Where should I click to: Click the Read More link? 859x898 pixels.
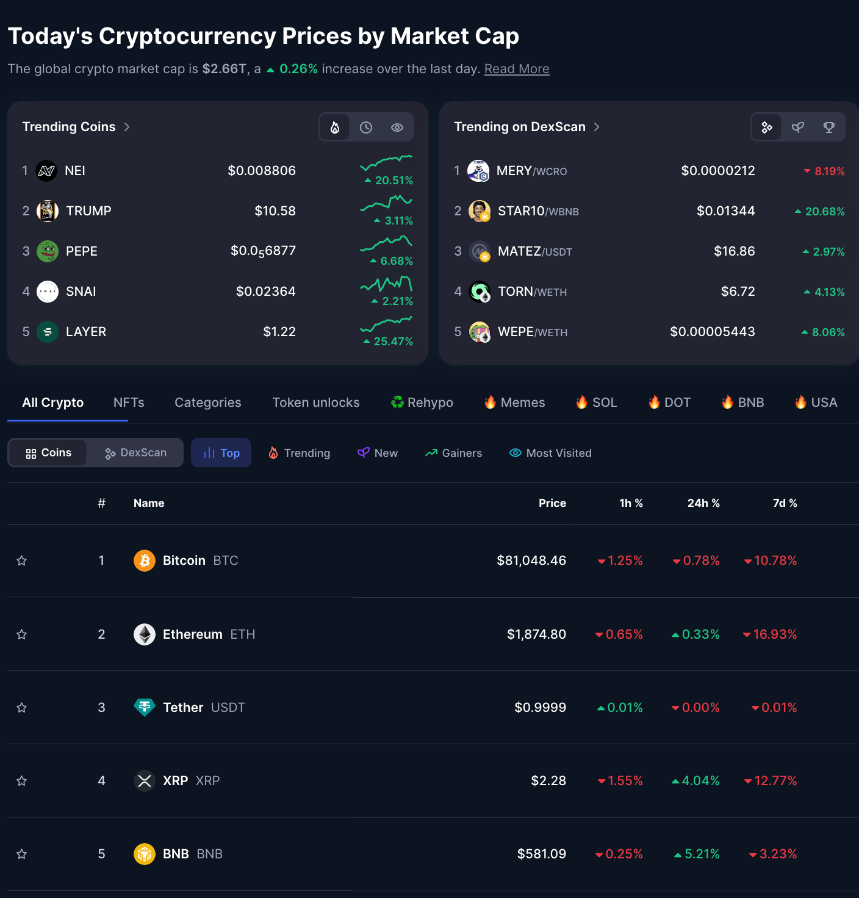[516, 69]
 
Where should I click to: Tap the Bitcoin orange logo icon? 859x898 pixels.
[145, 561]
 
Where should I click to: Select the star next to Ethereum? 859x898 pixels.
[22, 634]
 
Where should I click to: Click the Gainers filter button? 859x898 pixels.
[453, 453]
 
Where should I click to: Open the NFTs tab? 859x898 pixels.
[129, 403]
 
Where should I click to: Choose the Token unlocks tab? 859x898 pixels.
[315, 403]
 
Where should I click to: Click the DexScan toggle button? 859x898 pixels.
[135, 453]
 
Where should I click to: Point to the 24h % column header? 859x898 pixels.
[703, 503]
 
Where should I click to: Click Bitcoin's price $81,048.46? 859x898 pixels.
[531, 561]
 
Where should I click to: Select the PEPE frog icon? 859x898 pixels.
[48, 251]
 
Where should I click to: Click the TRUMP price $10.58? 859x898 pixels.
[275, 211]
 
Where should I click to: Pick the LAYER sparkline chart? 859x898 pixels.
[386, 323]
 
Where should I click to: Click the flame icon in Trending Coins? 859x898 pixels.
[335, 128]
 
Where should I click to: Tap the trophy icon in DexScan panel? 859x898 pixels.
[828, 128]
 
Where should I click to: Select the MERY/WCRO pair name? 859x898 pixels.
[531, 171]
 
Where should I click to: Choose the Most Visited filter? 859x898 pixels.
[550, 453]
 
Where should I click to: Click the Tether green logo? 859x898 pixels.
[145, 707]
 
